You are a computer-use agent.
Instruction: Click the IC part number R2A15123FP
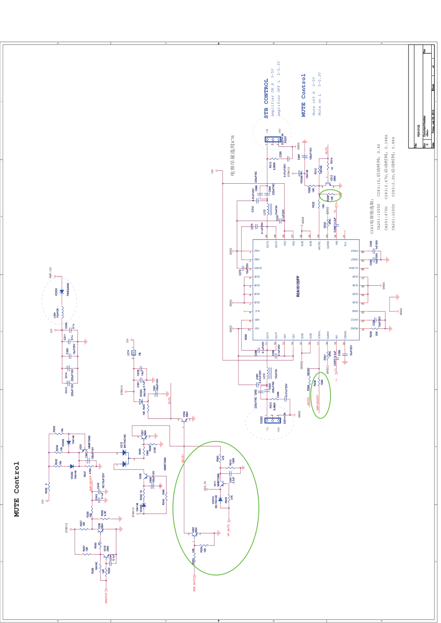[x=298, y=286]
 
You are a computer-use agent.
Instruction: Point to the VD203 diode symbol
[x=62, y=292]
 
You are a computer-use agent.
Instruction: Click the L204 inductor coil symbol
[x=62, y=313]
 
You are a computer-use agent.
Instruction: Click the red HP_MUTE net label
[x=229, y=530]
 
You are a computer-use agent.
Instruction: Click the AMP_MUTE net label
[x=195, y=584]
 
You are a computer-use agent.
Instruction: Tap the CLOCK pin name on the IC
[x=353, y=268]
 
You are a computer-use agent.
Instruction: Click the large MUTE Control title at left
[x=17, y=489]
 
